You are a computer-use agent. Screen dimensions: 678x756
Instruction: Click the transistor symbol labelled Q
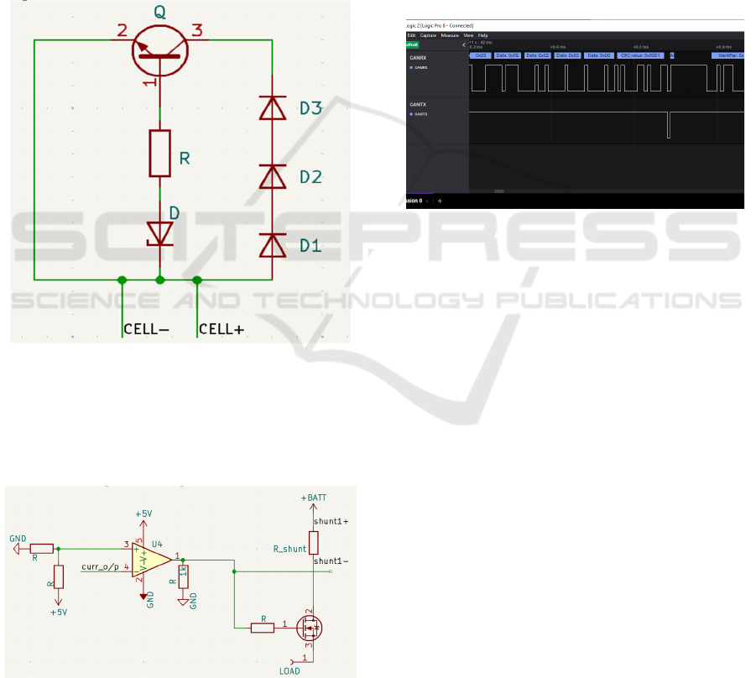159,48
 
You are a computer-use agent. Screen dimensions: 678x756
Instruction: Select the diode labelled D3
272,108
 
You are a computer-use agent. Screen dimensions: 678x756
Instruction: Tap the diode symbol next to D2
272,176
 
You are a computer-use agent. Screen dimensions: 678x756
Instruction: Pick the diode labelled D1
272,244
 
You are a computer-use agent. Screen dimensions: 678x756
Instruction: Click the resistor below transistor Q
160,153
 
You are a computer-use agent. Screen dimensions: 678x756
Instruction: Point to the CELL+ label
220,330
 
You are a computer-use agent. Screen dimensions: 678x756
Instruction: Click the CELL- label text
147,330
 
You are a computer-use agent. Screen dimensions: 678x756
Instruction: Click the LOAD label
289,671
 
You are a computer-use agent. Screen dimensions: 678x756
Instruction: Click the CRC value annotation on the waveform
641,55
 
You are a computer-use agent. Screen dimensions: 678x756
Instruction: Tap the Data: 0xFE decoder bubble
508,55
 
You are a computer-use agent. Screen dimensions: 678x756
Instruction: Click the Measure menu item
450,35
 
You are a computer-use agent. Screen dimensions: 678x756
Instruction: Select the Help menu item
483,35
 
